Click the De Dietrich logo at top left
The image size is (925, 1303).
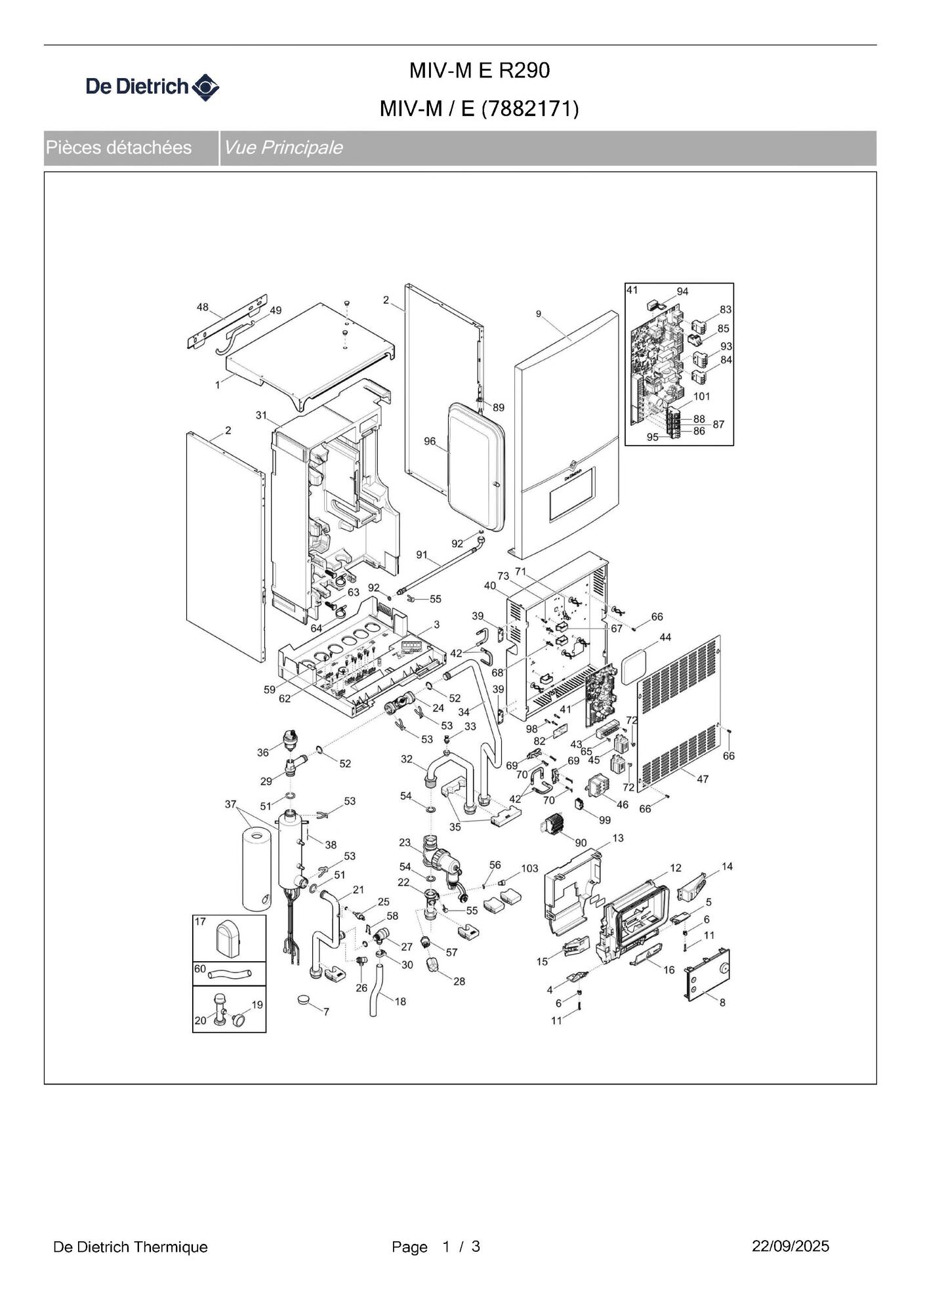[x=152, y=87]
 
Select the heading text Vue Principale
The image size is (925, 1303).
[x=283, y=148]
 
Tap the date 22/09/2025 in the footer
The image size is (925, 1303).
[x=790, y=1246]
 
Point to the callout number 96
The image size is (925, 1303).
[x=430, y=441]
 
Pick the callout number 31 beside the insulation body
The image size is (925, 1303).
[x=262, y=415]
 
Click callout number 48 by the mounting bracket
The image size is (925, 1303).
[x=203, y=306]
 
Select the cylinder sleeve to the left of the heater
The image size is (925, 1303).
[x=256, y=869]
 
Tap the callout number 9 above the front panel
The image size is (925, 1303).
[x=539, y=314]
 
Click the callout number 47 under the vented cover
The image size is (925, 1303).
[x=703, y=779]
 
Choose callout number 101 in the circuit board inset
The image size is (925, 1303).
[x=701, y=396]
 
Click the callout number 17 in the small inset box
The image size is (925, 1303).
[x=200, y=921]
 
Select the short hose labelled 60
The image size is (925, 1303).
[x=229, y=974]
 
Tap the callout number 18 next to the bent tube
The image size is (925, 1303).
[x=400, y=1001]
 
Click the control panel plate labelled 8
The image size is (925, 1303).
[x=707, y=975]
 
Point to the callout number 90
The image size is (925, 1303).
[x=581, y=842]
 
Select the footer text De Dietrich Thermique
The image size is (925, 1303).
[x=130, y=1247]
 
